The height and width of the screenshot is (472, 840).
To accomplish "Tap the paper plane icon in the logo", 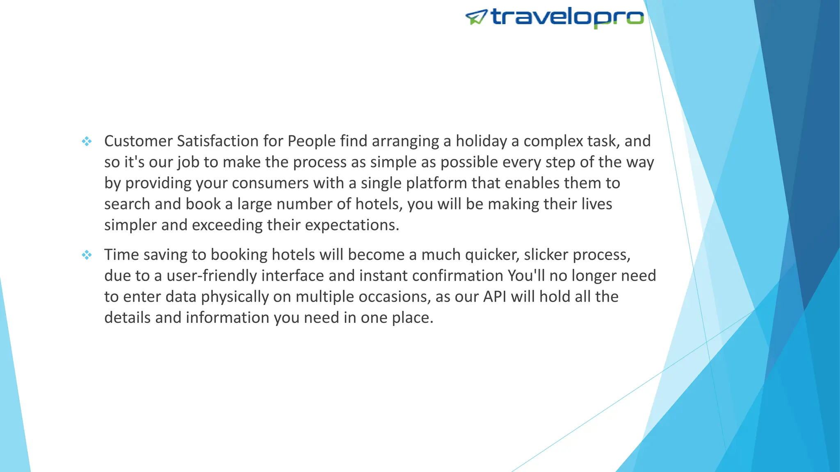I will (476, 17).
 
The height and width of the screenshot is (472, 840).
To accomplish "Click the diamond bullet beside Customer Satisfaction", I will (87, 142).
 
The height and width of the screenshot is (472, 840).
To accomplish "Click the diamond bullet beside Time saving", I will (87, 255).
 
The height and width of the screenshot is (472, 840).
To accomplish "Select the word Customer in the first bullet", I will (138, 141).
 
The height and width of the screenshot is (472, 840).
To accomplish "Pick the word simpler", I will (130, 225).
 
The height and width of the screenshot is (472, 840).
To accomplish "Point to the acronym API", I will (495, 297).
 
